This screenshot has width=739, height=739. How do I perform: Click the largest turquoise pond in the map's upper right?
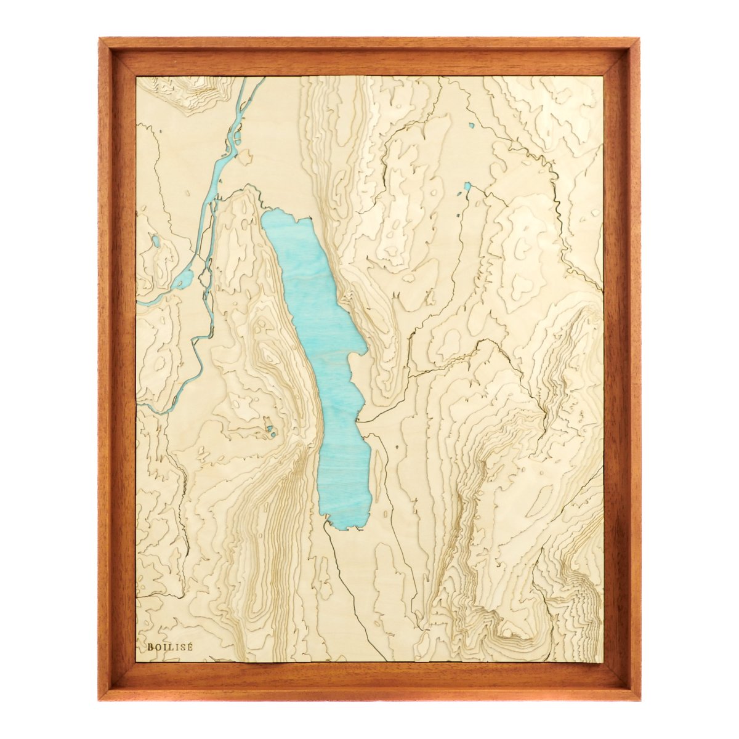click(x=467, y=185)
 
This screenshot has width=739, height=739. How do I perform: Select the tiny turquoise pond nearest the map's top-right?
click(x=471, y=126)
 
